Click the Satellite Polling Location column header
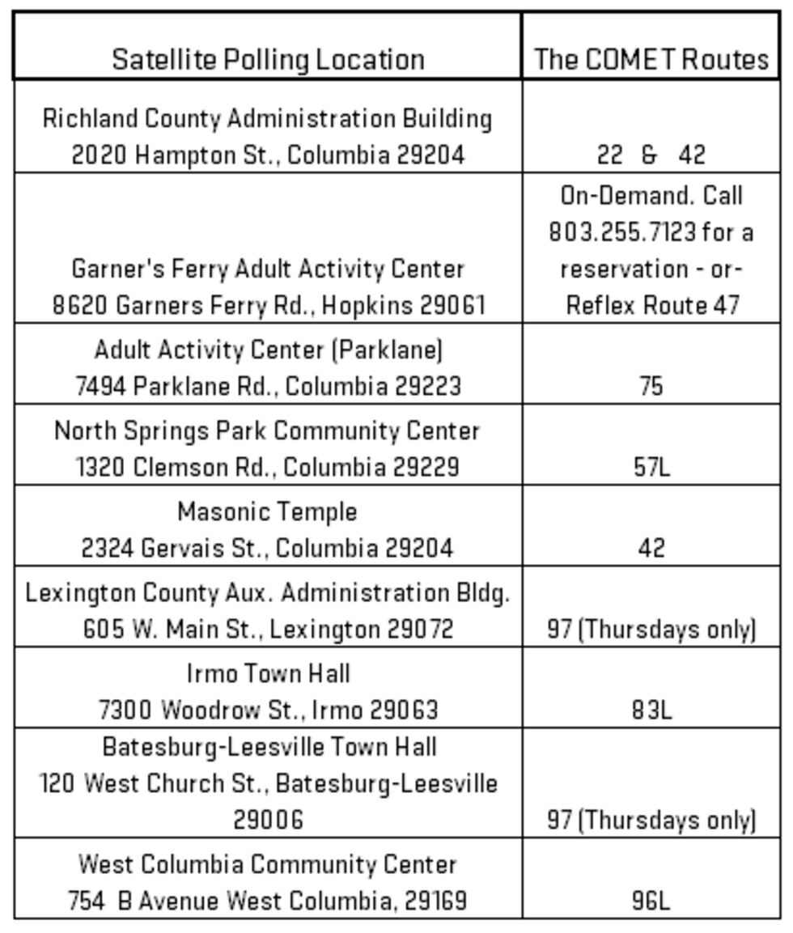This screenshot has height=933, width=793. pyautogui.click(x=268, y=59)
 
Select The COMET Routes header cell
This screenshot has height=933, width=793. pyautogui.click(x=651, y=59)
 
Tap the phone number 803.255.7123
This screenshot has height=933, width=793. pyautogui.click(x=622, y=232)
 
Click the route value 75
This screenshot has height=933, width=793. pyautogui.click(x=651, y=386)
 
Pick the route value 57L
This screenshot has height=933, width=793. pyautogui.click(x=651, y=467)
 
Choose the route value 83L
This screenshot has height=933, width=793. pyautogui.click(x=651, y=710)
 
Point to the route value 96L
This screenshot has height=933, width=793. pyautogui.click(x=651, y=901)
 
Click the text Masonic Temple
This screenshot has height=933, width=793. pyautogui.click(x=267, y=512)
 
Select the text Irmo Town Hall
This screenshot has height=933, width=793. pyautogui.click(x=268, y=673)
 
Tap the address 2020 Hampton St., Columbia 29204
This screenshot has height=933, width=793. pyautogui.click(x=268, y=155)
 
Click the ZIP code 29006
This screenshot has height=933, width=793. pyautogui.click(x=268, y=820)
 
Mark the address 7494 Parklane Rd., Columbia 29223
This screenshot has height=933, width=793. pyautogui.click(x=268, y=386)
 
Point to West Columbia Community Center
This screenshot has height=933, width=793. pyautogui.click(x=268, y=864)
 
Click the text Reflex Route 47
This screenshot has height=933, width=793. pyautogui.click(x=651, y=305)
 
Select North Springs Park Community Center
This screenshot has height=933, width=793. pyautogui.click(x=267, y=430)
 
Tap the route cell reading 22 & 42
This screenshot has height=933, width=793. pyautogui.click(x=651, y=155)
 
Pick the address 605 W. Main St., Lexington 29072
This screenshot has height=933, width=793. pyautogui.click(x=268, y=629)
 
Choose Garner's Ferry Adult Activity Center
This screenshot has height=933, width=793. pyautogui.click(x=268, y=269)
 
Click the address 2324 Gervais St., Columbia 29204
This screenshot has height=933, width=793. pyautogui.click(x=267, y=548)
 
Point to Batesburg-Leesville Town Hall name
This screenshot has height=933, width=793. pyautogui.click(x=269, y=746)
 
